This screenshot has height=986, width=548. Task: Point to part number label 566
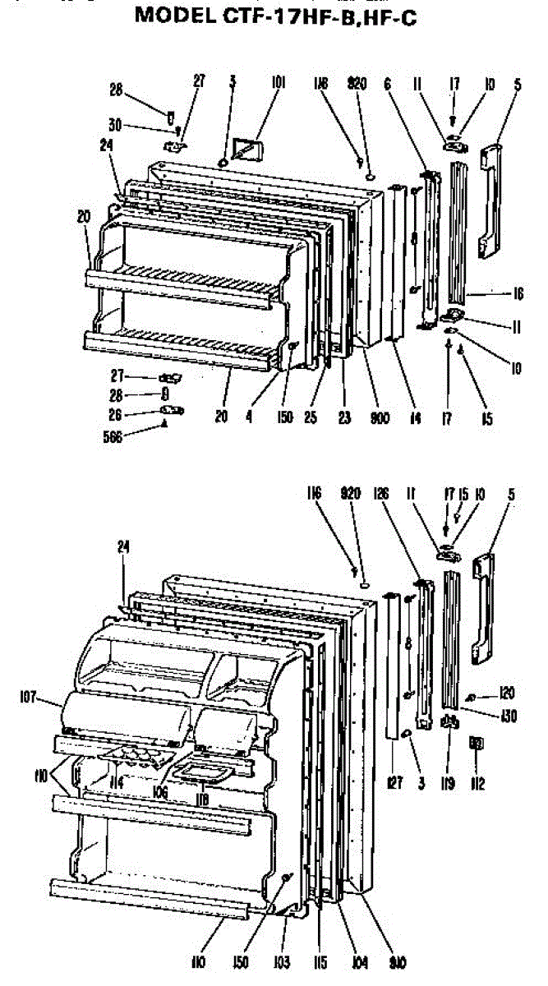pos(113,438)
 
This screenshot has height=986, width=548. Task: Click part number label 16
pos(518,294)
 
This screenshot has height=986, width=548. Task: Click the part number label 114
pos(117,783)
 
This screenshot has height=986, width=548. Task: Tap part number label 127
pos(395,784)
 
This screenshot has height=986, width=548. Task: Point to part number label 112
pos(478,784)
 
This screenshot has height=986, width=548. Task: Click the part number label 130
pos(509,715)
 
